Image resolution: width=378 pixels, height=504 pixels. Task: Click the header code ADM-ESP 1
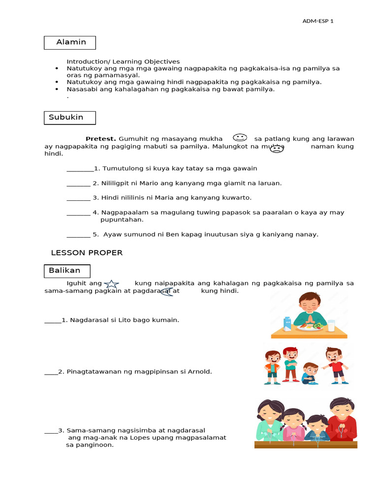(x=318, y=21)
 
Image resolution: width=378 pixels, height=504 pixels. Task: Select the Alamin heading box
(x=70, y=42)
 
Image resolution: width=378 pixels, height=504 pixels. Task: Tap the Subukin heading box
(x=70, y=118)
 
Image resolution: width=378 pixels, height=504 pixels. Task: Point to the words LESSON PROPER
(x=87, y=253)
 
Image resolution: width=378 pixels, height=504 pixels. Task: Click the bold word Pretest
(x=100, y=139)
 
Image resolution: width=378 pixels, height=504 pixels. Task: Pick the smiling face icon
(x=239, y=138)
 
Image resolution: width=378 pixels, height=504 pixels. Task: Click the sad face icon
(x=277, y=148)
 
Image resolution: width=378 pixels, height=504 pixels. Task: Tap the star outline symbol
(x=112, y=283)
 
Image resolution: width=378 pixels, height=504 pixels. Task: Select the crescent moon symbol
(x=166, y=292)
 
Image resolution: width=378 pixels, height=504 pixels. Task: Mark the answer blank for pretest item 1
(x=80, y=169)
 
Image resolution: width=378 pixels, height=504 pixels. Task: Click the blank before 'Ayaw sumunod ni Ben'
(x=78, y=235)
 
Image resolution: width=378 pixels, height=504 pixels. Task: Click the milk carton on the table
(x=287, y=323)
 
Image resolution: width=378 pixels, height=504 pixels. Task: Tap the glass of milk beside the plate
(x=331, y=325)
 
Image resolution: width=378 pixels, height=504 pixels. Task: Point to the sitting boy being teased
(x=309, y=374)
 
